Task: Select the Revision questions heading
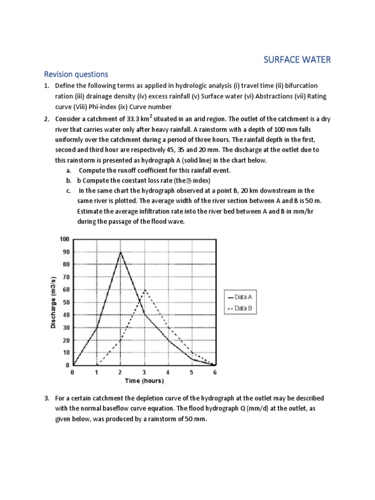pos(76,74)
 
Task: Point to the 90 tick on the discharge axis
pos(65,252)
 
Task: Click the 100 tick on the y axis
pos(64,239)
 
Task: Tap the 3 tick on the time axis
pos(144,372)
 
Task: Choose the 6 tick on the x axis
pos(215,372)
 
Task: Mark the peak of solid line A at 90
pos(121,252)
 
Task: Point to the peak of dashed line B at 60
pos(144,290)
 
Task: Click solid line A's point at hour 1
pos(97,328)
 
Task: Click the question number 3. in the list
pos(47,398)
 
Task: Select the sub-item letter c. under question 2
pos(68,190)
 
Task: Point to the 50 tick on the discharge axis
pos(65,302)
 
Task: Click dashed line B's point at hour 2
pos(121,340)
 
